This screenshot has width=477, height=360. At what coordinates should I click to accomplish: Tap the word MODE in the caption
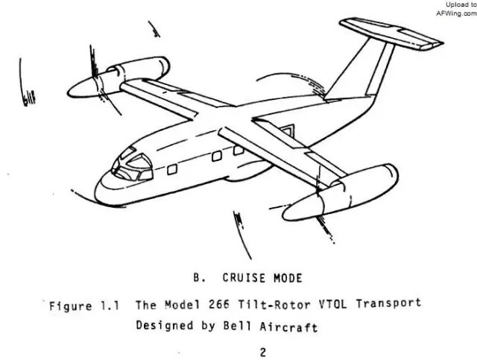click(287, 279)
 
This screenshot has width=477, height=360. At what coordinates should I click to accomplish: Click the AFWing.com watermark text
click(455, 13)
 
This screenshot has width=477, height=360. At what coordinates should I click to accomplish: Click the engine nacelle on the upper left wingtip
click(142, 72)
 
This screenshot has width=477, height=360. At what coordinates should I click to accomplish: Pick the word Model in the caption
click(186, 303)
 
